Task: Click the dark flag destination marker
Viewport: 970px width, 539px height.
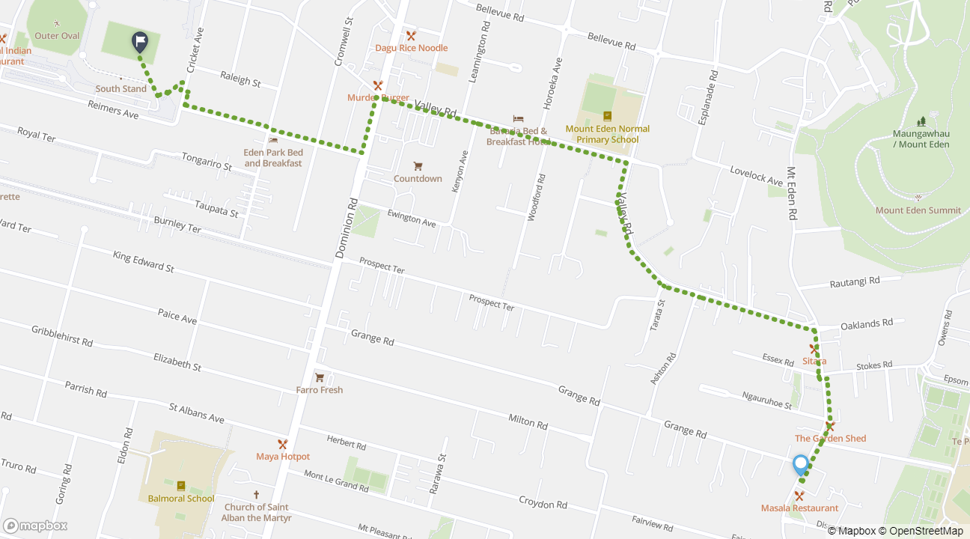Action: (x=140, y=42)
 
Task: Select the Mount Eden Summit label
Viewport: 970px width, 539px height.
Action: (x=918, y=210)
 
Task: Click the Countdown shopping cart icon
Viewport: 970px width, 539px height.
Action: (x=418, y=165)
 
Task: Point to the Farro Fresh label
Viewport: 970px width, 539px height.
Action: (x=320, y=390)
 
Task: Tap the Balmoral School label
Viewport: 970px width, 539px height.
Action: (x=181, y=499)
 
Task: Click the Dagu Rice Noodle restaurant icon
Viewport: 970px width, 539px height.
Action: (x=411, y=35)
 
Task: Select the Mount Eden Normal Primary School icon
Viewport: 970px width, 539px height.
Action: (x=607, y=116)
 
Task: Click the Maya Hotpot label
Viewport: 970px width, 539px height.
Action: (x=283, y=457)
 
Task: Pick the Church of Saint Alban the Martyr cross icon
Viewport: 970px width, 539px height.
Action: (x=256, y=495)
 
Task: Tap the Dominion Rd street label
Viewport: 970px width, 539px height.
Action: (x=347, y=227)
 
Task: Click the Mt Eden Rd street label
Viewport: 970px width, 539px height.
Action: (x=791, y=192)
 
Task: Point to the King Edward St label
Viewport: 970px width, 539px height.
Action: (x=143, y=261)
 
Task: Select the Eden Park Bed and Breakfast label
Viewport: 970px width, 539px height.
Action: (x=273, y=158)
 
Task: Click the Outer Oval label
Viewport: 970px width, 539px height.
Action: (x=57, y=36)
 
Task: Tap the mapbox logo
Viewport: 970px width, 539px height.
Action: (x=35, y=526)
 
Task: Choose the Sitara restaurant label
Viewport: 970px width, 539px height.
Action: (x=814, y=361)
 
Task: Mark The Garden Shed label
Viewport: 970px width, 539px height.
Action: (x=830, y=439)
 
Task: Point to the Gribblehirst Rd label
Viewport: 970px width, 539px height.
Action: (x=62, y=335)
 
